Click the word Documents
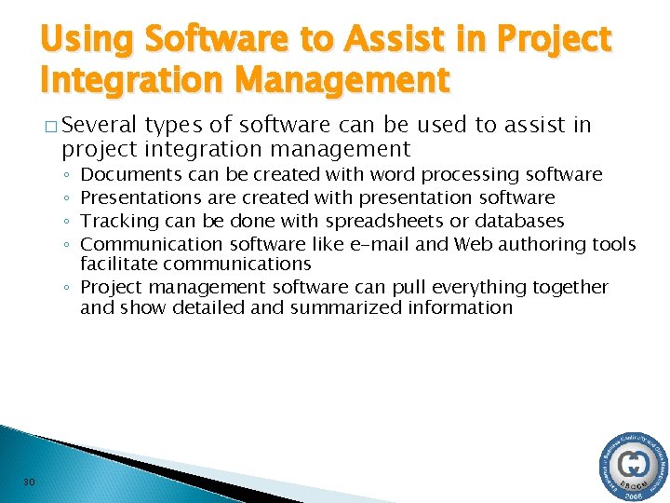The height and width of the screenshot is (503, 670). click(x=131, y=174)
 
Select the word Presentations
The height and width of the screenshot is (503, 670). click(x=141, y=197)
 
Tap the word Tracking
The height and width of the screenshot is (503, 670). click(x=117, y=221)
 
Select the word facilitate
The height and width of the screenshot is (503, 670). click(x=118, y=264)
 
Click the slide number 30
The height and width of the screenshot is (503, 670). click(x=29, y=481)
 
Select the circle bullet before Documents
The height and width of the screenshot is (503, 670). click(x=70, y=175)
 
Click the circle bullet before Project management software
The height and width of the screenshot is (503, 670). click(x=70, y=288)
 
